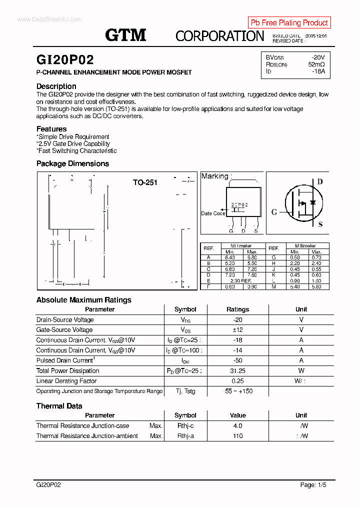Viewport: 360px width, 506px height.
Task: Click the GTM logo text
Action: pos(125,35)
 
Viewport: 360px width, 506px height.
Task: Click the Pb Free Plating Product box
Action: pos(289,22)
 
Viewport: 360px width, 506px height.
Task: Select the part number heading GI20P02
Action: pos(65,60)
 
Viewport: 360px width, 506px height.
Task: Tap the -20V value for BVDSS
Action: pos(317,57)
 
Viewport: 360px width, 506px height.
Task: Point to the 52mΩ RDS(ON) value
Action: pos(316,64)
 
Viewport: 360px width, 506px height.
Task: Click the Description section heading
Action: pos(56,86)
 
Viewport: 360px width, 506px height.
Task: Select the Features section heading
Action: pos(51,129)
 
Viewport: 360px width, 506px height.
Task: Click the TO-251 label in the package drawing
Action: pos(145,182)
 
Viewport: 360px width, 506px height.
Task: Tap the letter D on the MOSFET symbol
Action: pos(320,181)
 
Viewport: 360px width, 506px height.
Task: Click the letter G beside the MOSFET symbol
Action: pos(274,212)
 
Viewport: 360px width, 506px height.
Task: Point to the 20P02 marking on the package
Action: pos(239,205)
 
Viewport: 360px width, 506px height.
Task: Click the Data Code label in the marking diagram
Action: pos(212,213)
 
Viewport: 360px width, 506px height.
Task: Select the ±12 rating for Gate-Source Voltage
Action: pos(237,330)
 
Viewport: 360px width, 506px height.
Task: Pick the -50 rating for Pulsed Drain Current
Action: pos(237,360)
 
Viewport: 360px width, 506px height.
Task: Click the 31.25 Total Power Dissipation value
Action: pos(237,371)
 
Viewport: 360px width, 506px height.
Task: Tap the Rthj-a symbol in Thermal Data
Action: pos(185,436)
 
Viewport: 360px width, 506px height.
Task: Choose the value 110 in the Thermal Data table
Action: pos(237,436)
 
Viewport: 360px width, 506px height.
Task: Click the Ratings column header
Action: pos(237,309)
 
